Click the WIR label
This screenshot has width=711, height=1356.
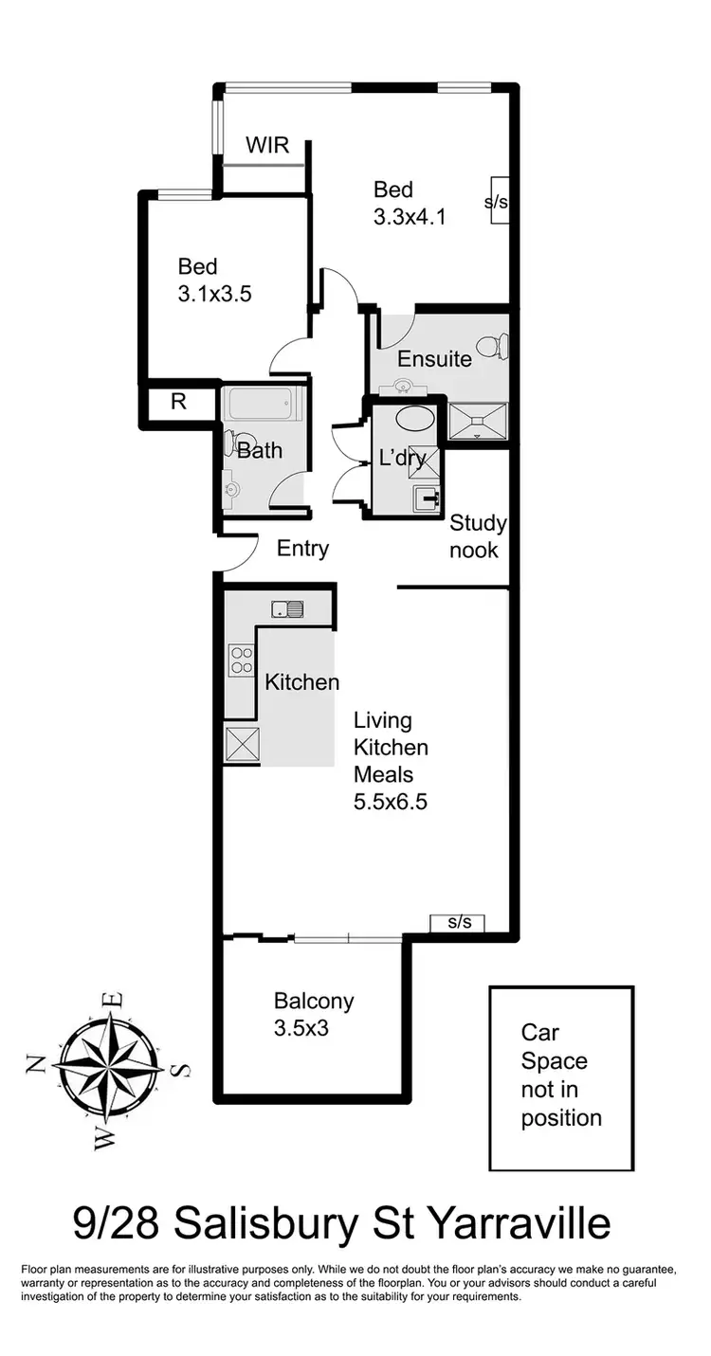266,145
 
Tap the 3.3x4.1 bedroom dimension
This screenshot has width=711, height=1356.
410,217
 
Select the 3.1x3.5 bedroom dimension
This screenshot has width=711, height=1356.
214,294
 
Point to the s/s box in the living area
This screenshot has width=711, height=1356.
458,922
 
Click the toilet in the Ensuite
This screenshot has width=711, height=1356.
491,347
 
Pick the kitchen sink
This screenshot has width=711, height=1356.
286,608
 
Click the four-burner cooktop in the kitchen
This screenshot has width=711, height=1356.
241,659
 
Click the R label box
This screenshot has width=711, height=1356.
177,401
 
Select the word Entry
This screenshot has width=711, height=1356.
302,548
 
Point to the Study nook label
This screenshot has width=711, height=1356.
477,536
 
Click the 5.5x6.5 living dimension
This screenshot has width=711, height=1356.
390,802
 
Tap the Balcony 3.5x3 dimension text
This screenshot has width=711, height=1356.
301,1027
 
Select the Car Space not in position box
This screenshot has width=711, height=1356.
561,1077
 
